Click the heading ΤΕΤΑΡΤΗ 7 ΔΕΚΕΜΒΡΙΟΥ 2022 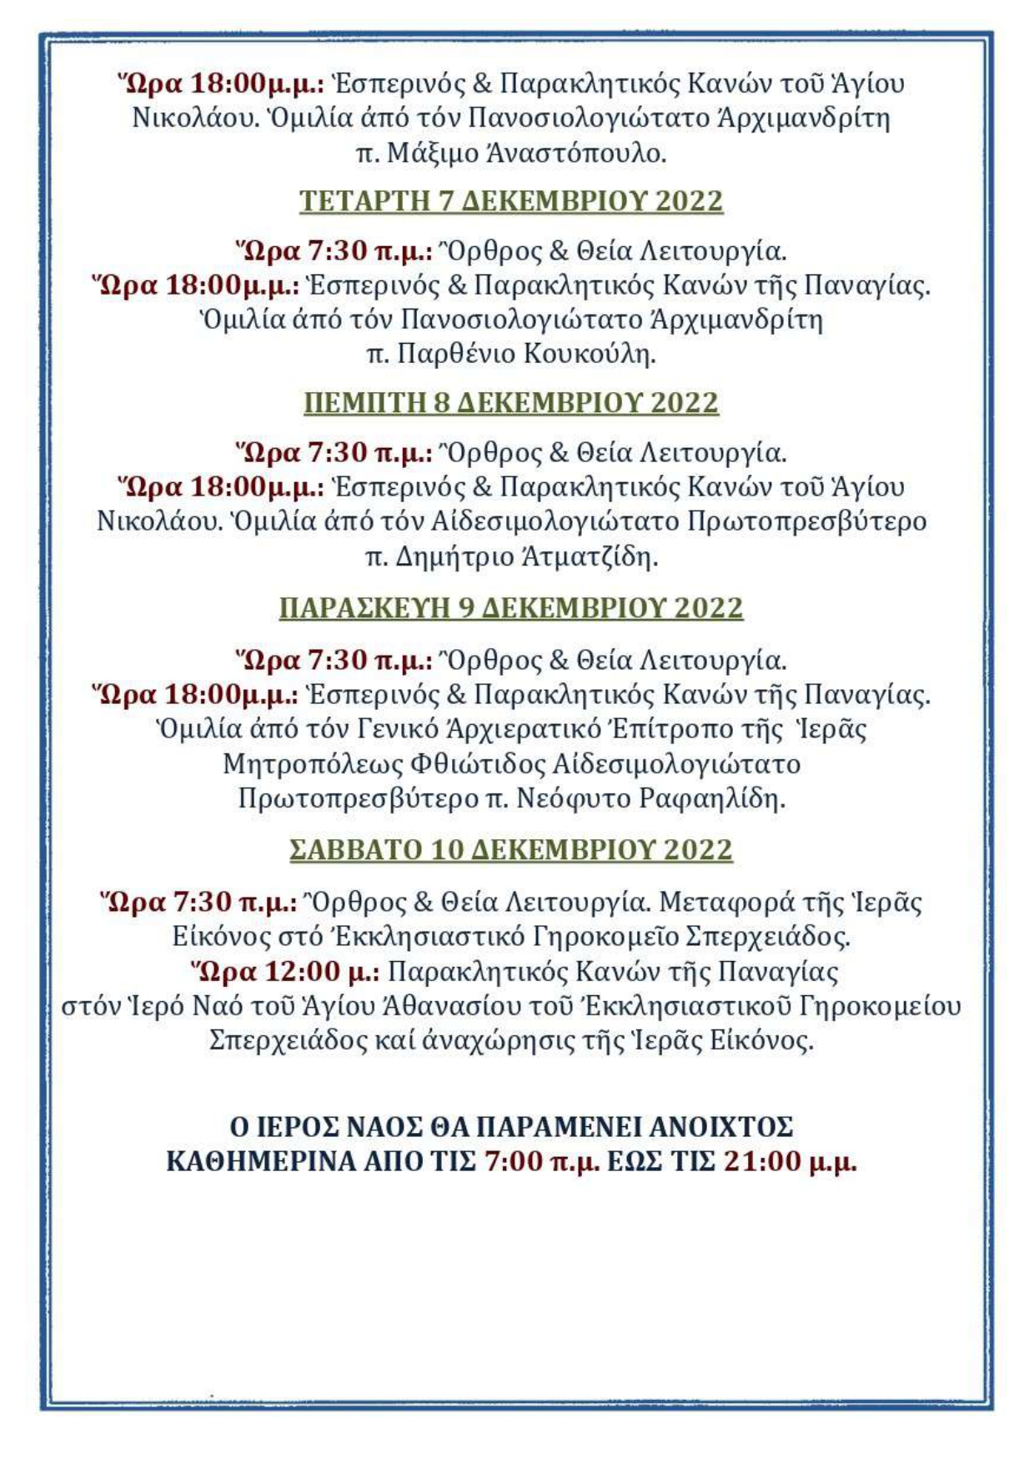pyautogui.click(x=510, y=202)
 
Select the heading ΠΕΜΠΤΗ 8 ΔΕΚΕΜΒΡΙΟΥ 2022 pyautogui.click(x=510, y=403)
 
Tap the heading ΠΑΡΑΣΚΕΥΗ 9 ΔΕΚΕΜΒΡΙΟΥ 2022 pyautogui.click(x=510, y=608)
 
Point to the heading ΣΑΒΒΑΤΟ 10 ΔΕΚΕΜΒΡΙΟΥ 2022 pyautogui.click(x=510, y=850)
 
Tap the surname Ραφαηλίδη pyautogui.click(x=712, y=799)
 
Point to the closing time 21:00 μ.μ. pyautogui.click(x=790, y=1161)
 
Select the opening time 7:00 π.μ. pyautogui.click(x=542, y=1161)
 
